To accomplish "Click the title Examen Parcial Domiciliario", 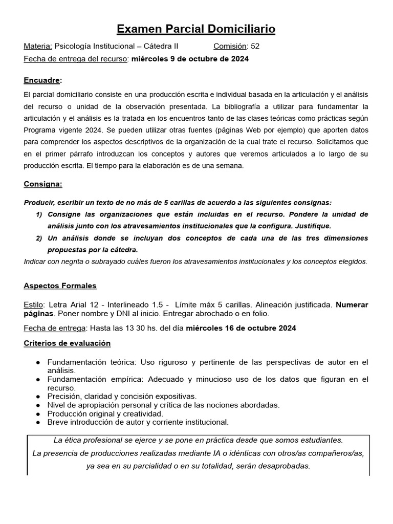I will (196, 30).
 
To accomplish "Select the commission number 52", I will (255, 46).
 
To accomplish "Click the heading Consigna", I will (43, 184).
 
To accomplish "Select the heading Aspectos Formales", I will (60, 286).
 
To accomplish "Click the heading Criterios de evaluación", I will (67, 343).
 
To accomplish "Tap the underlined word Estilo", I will (34, 304).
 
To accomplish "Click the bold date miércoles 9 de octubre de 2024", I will (190, 59).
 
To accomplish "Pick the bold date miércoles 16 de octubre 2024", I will (241, 328).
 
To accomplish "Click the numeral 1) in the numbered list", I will (39, 213).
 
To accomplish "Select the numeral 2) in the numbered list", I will (39, 238).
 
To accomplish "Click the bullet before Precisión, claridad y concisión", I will (38, 396).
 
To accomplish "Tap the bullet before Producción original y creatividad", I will (38, 413).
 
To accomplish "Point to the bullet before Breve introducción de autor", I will (38, 422).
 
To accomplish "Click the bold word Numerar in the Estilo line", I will (352, 304).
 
